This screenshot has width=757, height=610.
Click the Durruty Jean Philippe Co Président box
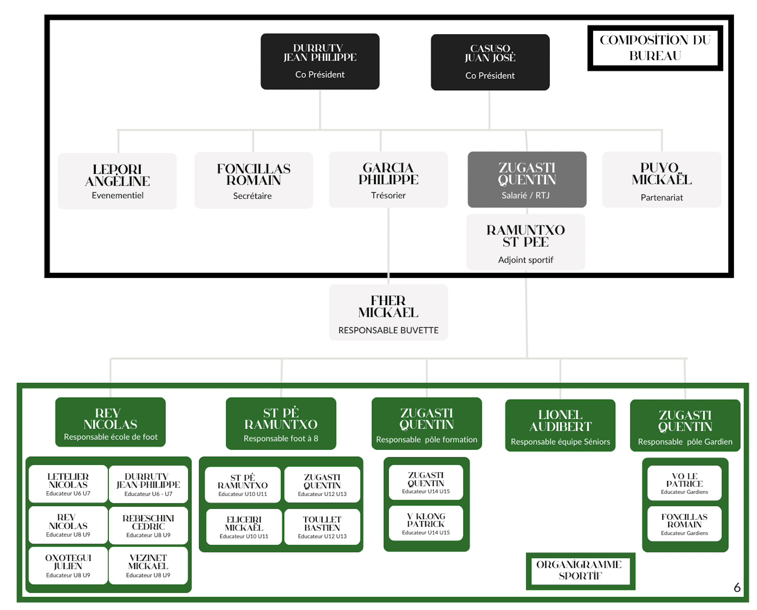320,61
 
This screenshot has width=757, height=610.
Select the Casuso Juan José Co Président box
490,62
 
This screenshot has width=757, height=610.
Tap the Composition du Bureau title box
654,48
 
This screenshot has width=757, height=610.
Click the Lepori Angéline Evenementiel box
117,181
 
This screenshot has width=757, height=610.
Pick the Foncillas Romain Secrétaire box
254,180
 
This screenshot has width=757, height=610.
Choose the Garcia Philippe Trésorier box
388,180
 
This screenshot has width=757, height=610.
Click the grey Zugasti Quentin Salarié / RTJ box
527,180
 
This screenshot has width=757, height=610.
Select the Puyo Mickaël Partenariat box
661,180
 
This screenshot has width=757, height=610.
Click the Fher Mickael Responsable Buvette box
388,313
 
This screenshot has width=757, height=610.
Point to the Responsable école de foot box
111,422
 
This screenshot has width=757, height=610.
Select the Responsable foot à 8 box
281,424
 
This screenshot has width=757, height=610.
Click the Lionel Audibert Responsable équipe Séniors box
560,425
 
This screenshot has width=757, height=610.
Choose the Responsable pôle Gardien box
685,425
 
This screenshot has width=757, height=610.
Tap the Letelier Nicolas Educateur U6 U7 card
68,484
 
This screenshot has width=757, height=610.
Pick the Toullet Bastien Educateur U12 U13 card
322,527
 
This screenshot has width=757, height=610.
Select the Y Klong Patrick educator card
426,523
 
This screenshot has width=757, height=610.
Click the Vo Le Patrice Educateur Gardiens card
684,483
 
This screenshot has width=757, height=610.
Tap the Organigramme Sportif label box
580,571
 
